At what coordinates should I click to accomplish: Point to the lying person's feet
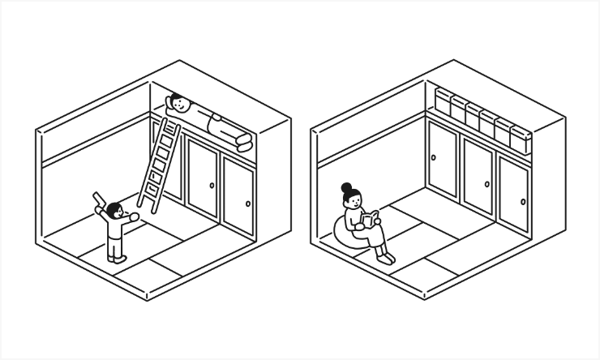pyautogui.click(x=244, y=142)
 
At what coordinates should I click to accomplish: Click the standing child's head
pyautogui.click(x=114, y=212)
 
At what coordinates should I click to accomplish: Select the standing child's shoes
pyautogui.click(x=118, y=259)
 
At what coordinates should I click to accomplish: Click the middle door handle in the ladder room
pyautogui.click(x=212, y=185)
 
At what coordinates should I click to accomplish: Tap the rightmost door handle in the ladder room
pyautogui.click(x=248, y=204)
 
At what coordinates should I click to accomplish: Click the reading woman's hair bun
pyautogui.click(x=347, y=187)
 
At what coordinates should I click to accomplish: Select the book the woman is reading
pyautogui.click(x=371, y=219)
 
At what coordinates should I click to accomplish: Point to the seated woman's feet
pyautogui.click(x=387, y=258)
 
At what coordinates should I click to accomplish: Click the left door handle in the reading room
pyautogui.click(x=434, y=157)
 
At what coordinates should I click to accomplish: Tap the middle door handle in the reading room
pyautogui.click(x=487, y=184)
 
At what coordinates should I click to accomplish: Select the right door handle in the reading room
pyautogui.click(x=523, y=202)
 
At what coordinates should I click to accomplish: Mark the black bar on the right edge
pyautogui.click(x=585, y=180)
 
